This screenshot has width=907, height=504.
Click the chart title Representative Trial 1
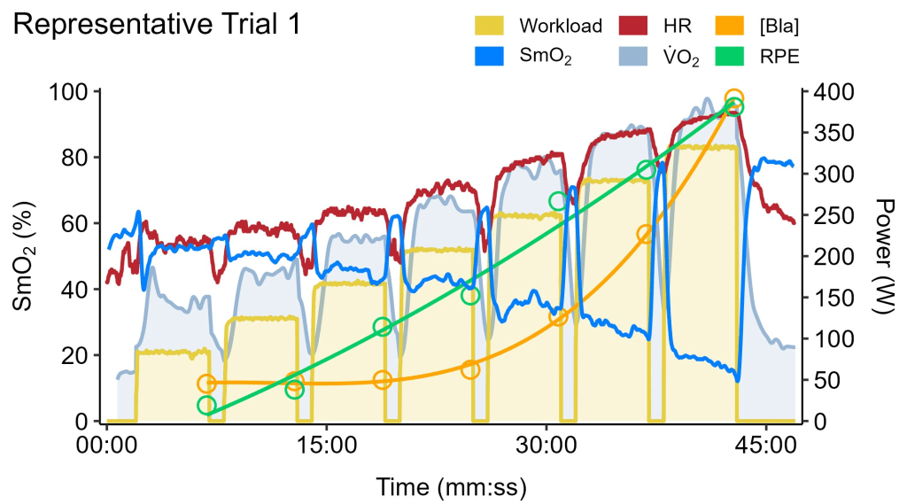157,25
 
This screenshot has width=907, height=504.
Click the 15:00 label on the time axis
327,445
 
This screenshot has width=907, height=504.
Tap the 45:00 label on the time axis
765,445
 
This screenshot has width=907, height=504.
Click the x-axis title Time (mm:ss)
452,485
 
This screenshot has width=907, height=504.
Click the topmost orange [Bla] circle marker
733,98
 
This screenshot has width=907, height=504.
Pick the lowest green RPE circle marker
206,406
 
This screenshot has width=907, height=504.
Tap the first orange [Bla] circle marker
206,384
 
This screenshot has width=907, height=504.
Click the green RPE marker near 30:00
558,201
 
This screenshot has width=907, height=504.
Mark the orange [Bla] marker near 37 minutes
646,234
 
